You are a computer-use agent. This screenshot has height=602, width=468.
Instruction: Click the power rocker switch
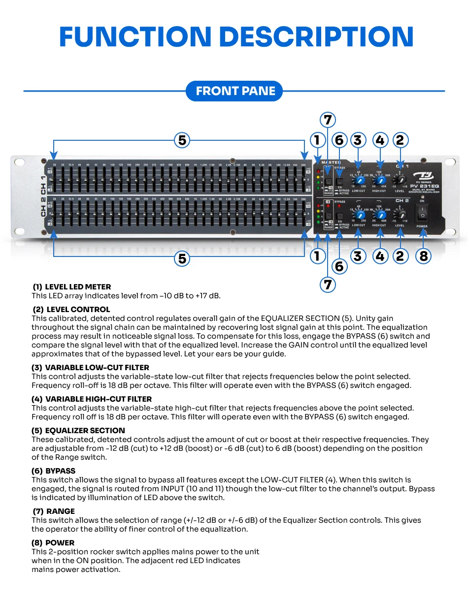click(x=422, y=213)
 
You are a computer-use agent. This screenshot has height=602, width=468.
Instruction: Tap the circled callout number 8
click(x=423, y=256)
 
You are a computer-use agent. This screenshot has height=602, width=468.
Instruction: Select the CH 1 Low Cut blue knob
click(x=359, y=181)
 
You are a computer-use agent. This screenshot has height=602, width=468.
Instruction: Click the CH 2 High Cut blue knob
click(x=379, y=215)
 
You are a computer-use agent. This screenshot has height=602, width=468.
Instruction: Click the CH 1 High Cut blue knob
click(x=379, y=181)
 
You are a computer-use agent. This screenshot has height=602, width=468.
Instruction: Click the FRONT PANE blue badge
click(x=234, y=91)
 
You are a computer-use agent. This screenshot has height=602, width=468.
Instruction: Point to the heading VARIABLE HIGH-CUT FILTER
click(x=98, y=399)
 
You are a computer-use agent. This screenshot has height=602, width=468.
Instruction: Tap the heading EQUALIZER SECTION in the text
click(x=85, y=431)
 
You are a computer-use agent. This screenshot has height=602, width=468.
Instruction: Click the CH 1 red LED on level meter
click(x=319, y=172)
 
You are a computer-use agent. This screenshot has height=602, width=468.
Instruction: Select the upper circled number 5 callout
click(x=182, y=141)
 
